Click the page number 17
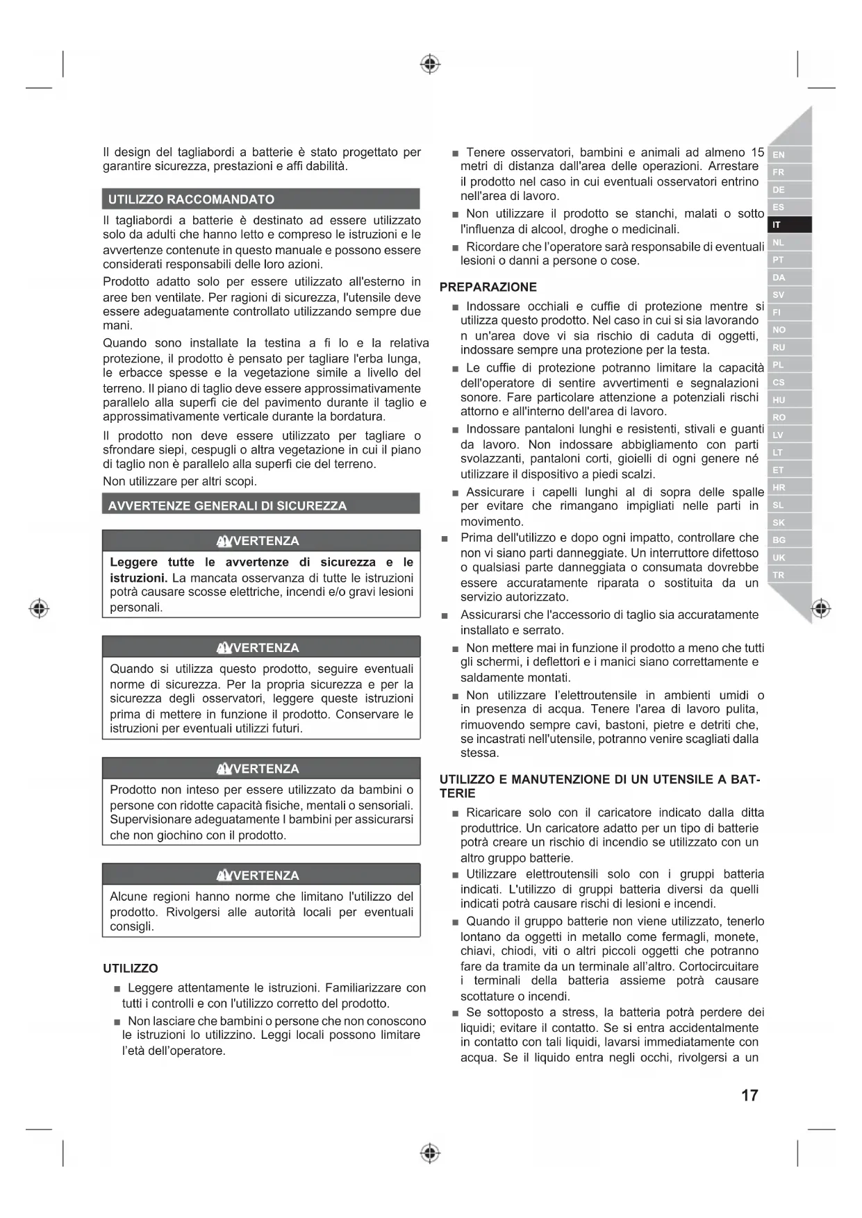click(749, 1095)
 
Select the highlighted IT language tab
click(789, 225)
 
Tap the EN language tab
click(789, 155)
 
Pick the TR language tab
click(789, 575)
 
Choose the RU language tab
click(789, 347)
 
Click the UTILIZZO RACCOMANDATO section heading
click(191, 199)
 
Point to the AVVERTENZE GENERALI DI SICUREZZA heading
click(227, 506)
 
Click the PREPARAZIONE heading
click(488, 287)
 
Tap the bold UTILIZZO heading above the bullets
click(131, 968)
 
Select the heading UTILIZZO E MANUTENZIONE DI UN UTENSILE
click(600, 779)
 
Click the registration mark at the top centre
click(431, 65)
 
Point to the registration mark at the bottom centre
click(431, 1153)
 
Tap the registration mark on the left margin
click(39, 608)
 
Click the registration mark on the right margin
click(821, 608)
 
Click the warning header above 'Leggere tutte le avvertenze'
click(260, 541)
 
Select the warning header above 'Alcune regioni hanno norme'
click(260, 875)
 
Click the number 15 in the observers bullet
click(757, 152)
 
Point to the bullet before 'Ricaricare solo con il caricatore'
click(455, 813)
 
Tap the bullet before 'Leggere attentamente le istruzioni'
click(117, 989)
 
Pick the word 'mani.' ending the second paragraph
click(117, 325)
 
